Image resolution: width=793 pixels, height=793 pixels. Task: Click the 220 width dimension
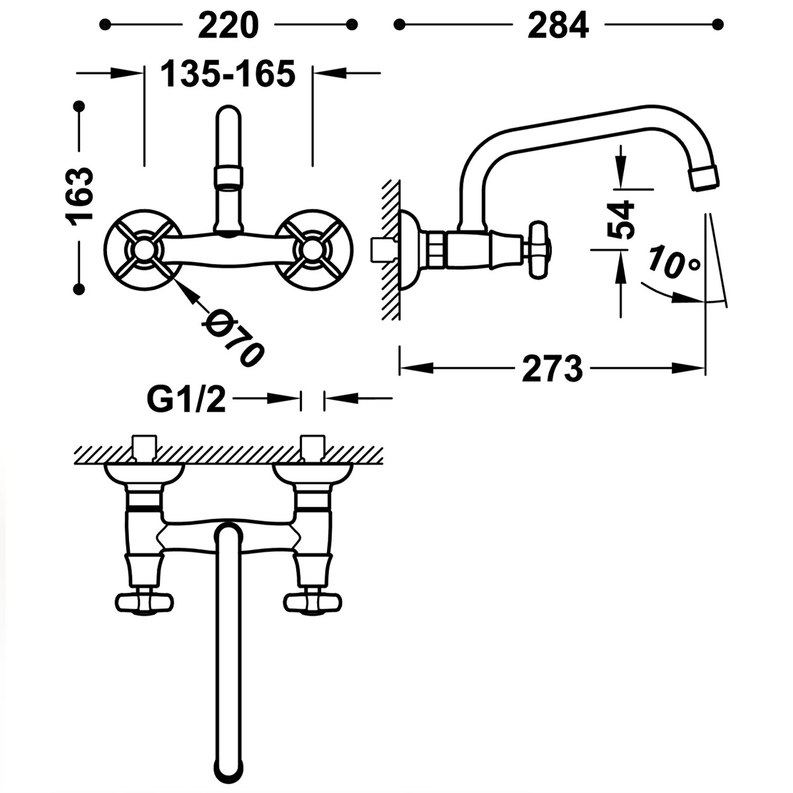coord(227,25)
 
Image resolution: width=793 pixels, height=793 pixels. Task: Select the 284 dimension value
coord(558,25)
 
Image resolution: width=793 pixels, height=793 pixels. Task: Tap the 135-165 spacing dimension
coord(228,73)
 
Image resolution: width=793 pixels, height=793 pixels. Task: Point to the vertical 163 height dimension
coord(80,196)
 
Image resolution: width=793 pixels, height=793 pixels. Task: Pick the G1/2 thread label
coord(186,399)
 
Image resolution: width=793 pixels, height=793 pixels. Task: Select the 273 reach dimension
coord(552,369)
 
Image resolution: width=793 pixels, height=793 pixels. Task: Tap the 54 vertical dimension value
coord(621,219)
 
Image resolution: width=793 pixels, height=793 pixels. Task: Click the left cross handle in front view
coord(143,249)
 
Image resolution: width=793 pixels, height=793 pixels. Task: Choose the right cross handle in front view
coord(313,249)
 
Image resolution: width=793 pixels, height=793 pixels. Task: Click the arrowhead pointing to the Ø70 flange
coord(186,291)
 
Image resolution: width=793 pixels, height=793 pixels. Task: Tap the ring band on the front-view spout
coord(229,177)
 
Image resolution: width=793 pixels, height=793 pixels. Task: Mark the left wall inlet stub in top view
coord(144,447)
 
